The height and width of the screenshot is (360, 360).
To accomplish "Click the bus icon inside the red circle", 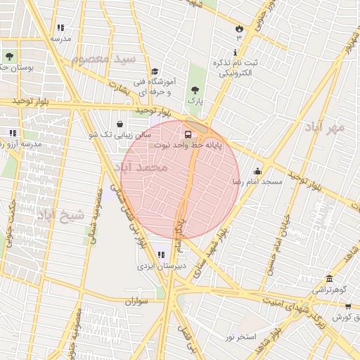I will pos(188,134).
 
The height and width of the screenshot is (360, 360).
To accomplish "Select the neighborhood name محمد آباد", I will pos(145,168).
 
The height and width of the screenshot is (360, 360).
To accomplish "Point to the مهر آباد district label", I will pos(324,127).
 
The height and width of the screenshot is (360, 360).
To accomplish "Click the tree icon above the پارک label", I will pos(195,89).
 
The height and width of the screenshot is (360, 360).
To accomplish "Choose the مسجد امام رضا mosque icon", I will pos(257,170).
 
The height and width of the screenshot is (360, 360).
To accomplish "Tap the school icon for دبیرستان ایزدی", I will pos(162,255).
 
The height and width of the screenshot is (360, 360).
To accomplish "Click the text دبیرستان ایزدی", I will pos(161,266).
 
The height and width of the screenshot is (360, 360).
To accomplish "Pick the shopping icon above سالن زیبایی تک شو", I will pos(120,124).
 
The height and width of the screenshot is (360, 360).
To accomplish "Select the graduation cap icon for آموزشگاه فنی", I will pos(155,71).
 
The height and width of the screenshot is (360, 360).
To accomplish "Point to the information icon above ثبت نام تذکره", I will pos(235,53).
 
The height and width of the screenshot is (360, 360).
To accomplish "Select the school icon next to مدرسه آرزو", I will pos(12,132).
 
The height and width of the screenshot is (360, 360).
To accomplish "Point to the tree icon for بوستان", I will pos(9,56).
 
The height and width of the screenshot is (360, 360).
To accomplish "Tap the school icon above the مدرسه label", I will pos(60,27).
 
